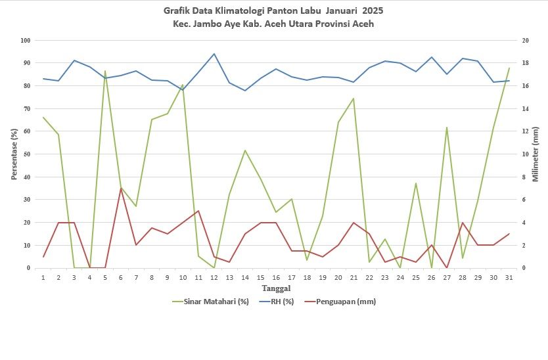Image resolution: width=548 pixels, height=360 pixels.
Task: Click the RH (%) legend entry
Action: (277, 302)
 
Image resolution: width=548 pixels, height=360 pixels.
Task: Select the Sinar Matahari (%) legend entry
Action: (211, 302)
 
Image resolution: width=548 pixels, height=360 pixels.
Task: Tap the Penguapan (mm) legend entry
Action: (340, 302)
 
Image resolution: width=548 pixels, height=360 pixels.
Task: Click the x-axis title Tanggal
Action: (276, 288)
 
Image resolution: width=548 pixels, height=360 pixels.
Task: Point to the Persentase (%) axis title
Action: (14, 154)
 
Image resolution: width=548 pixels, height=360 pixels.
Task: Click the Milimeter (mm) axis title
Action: (535, 154)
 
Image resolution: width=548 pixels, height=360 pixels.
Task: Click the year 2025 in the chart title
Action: (373, 11)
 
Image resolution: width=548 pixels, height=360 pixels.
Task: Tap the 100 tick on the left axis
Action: (26, 41)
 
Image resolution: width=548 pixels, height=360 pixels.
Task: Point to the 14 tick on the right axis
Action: (525, 108)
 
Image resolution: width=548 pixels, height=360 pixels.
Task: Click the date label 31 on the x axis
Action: (509, 277)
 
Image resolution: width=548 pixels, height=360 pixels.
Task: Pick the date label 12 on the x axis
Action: (214, 277)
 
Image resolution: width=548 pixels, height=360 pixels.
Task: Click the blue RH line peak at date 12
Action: (214, 54)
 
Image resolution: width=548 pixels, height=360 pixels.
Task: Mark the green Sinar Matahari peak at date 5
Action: (105, 71)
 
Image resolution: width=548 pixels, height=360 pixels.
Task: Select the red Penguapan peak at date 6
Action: (121, 188)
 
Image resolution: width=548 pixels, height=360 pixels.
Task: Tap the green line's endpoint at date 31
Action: (509, 68)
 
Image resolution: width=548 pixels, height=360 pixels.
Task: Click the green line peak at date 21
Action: (354, 99)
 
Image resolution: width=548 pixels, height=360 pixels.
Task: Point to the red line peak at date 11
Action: (198, 211)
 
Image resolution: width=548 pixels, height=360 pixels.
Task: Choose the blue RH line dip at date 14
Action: (245, 91)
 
